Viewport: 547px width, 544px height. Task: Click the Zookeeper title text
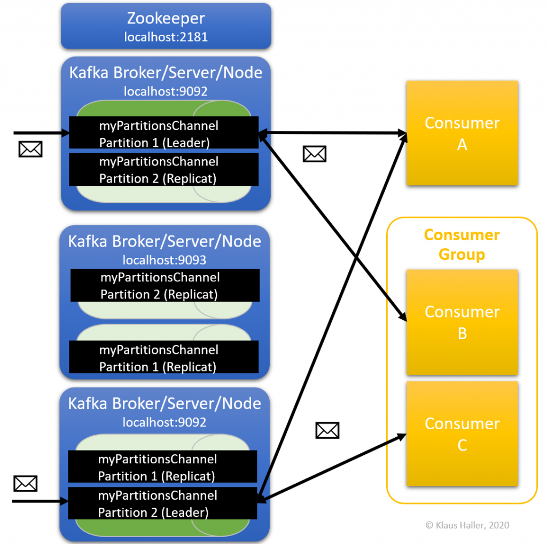pos(166,19)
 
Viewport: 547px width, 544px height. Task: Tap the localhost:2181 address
pos(166,37)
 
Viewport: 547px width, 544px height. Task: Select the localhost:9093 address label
pos(165,260)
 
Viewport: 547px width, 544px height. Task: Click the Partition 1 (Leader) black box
pos(164,133)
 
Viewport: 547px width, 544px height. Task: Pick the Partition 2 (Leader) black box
pos(162,503)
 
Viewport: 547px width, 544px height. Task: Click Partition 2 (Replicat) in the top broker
pos(164,170)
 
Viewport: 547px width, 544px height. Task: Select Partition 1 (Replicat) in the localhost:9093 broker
pos(164,358)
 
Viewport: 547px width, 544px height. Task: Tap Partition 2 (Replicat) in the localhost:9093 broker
pos(165,286)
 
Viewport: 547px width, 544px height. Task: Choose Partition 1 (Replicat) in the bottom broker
pos(162,467)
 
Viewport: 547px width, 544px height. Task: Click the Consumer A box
pos(462,133)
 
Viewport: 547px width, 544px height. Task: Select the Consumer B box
pos(462,322)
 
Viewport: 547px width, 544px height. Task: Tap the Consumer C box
pos(462,433)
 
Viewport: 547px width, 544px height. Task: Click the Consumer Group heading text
pos(462,245)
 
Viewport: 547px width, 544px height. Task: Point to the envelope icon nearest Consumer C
pos(327,430)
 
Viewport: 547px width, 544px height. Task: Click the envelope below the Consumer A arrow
pos(314,154)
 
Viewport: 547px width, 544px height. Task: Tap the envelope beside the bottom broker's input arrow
pos(25,484)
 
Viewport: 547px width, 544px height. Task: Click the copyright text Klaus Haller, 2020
pos(467,525)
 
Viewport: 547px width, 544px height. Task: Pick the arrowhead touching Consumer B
pos(403,317)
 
